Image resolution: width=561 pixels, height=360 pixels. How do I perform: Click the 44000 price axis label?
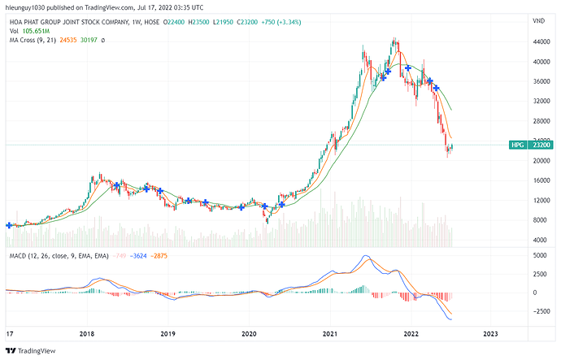click(x=541, y=42)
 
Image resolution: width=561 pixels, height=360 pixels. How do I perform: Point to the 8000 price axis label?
click(x=539, y=220)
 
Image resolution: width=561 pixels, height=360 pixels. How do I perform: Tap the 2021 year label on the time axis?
click(x=330, y=333)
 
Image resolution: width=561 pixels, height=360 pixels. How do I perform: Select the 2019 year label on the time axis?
click(x=167, y=333)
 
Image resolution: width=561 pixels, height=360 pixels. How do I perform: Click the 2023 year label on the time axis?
click(x=491, y=333)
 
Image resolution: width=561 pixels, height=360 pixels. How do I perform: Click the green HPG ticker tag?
click(x=516, y=145)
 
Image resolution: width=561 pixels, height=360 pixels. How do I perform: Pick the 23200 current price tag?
click(x=541, y=145)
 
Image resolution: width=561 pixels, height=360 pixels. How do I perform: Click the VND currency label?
click(x=538, y=20)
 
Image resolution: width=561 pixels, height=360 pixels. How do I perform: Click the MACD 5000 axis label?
click(x=539, y=255)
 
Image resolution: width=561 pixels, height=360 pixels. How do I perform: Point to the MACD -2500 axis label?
click(x=540, y=311)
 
